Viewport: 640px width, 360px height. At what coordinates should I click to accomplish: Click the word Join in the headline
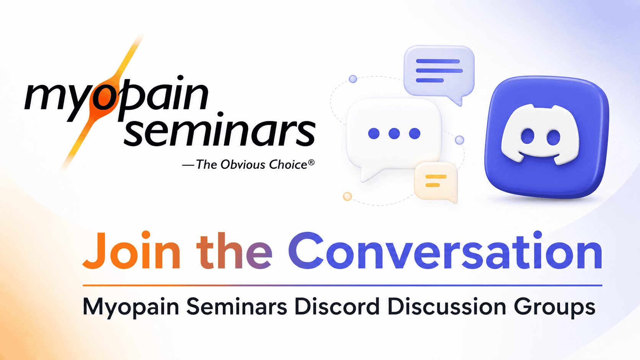click(x=132, y=250)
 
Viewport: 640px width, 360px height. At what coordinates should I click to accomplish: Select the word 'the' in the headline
click(x=234, y=250)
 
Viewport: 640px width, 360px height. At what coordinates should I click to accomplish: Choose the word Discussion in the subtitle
click(x=447, y=306)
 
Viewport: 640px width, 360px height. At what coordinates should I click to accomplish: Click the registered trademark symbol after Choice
click(x=311, y=163)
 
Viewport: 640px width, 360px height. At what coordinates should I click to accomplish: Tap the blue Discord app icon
click(x=547, y=137)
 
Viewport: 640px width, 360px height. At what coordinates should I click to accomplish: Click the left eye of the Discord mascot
click(x=527, y=137)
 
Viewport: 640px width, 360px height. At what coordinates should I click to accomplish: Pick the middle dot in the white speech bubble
click(x=394, y=133)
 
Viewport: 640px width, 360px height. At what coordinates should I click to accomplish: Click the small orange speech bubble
click(x=436, y=182)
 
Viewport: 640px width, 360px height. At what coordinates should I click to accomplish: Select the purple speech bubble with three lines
click(x=439, y=74)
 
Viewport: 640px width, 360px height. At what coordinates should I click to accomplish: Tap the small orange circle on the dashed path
click(x=347, y=196)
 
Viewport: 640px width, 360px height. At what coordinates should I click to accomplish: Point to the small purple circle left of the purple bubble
click(x=353, y=79)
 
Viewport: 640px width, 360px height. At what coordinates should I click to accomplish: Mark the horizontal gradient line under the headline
click(x=343, y=285)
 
